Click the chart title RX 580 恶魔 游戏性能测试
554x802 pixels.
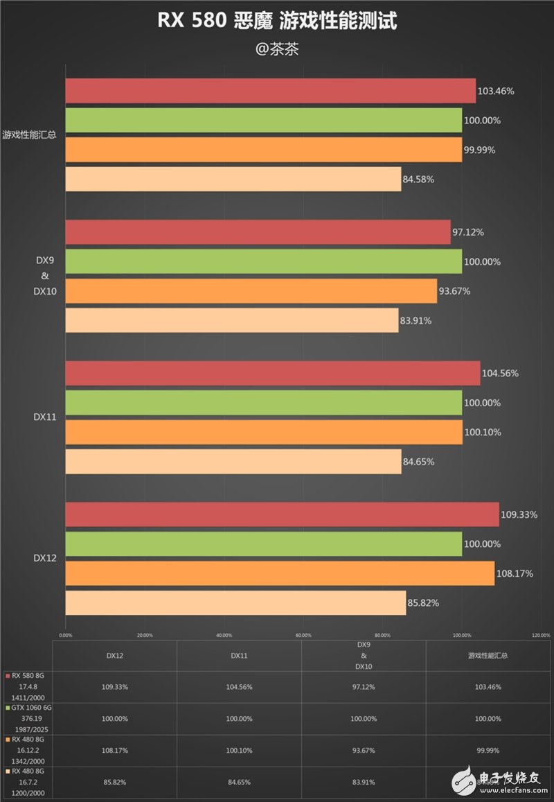point(277,21)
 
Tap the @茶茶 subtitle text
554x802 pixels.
point(277,50)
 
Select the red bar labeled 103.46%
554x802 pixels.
point(271,91)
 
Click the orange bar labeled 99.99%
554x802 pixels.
point(264,150)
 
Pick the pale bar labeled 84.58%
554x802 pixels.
point(233,180)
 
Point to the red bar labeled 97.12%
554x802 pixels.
point(258,232)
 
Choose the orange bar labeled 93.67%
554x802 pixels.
point(251,291)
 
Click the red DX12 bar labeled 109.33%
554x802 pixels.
point(282,514)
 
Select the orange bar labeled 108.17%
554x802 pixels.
point(280,573)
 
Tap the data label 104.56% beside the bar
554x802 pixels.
point(500,374)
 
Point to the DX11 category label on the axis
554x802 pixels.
point(45,417)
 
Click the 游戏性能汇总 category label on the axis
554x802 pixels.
point(29,135)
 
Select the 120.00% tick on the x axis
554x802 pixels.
point(541,634)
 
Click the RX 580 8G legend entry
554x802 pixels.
point(28,675)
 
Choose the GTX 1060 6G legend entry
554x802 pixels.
point(30,708)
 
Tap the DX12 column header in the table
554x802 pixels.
point(114,655)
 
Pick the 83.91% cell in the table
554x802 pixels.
point(364,782)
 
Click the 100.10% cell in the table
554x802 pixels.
point(239,751)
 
